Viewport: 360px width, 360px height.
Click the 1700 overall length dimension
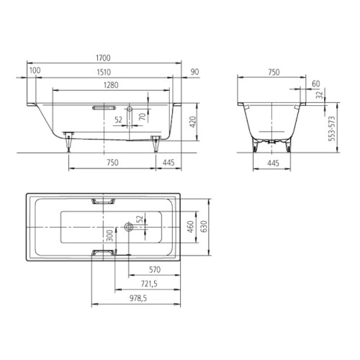[x=103, y=58]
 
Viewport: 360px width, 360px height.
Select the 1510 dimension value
[x=104, y=72]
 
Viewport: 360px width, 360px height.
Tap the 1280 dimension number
[x=111, y=85]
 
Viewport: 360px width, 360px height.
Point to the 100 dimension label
[x=35, y=71]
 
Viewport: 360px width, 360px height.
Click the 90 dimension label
[x=194, y=72]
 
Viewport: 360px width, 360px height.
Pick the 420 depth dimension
[x=193, y=122]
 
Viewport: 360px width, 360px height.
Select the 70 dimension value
[x=143, y=117]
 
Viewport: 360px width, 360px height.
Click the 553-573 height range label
[x=332, y=129]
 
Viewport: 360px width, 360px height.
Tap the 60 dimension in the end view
[x=316, y=84]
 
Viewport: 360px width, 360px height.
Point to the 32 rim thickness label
[x=320, y=95]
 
